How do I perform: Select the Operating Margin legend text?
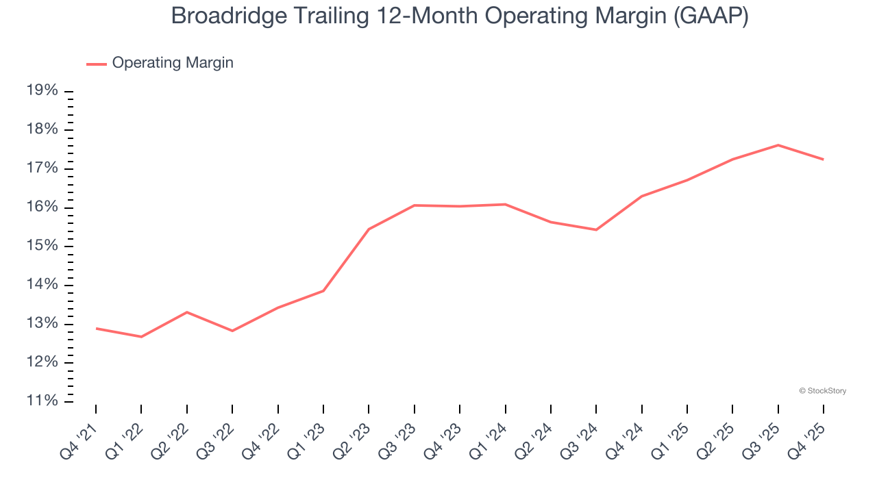[173, 63]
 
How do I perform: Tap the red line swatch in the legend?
[96, 64]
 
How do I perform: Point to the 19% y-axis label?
[42, 91]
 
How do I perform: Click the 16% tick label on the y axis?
[42, 207]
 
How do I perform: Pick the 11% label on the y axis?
[42, 401]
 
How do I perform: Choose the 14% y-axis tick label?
[42, 285]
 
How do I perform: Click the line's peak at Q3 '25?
[778, 145]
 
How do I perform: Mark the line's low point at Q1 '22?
[141, 337]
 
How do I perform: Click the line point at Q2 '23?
[369, 229]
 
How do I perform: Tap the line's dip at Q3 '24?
[596, 229]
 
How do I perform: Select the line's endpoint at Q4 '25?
[823, 160]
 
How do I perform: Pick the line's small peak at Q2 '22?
[187, 312]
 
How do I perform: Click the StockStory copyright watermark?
[822, 391]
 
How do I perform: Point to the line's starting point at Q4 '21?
[96, 329]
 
